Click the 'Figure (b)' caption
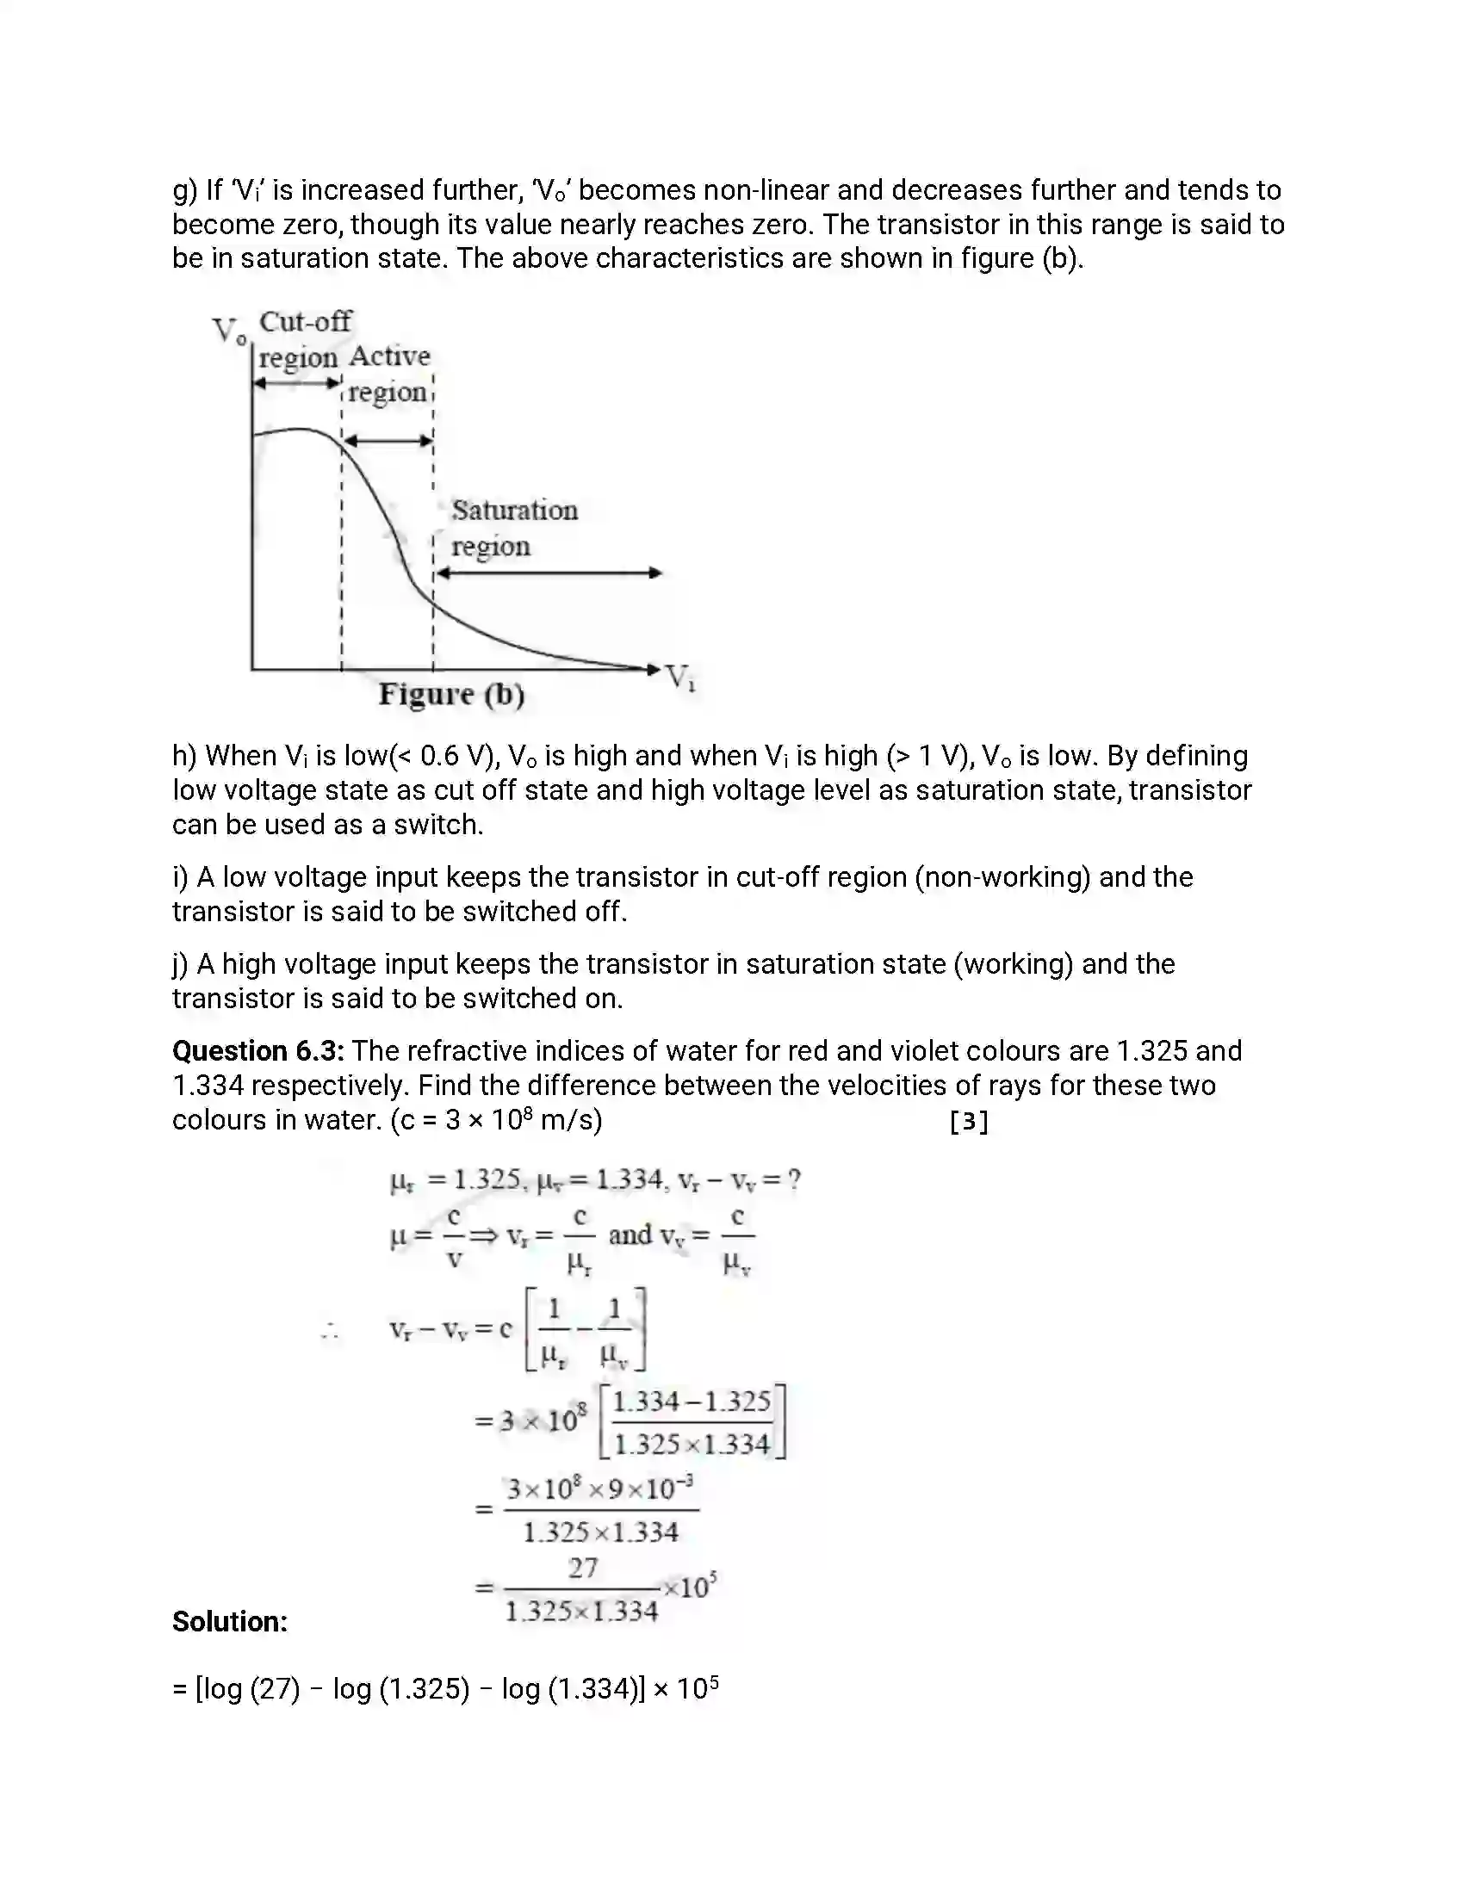[451, 695]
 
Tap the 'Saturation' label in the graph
[514, 510]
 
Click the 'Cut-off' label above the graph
[306, 322]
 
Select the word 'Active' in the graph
[389, 356]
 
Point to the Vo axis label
[228, 331]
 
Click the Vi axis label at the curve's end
[681, 678]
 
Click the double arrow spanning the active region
[388, 441]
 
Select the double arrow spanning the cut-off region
[296, 382]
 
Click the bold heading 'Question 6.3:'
[257, 1051]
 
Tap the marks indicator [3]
[969, 1122]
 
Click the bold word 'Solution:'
[230, 1622]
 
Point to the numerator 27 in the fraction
[583, 1568]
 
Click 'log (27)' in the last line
[249, 1689]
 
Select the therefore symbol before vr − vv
[330, 1330]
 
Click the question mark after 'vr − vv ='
[794, 1179]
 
